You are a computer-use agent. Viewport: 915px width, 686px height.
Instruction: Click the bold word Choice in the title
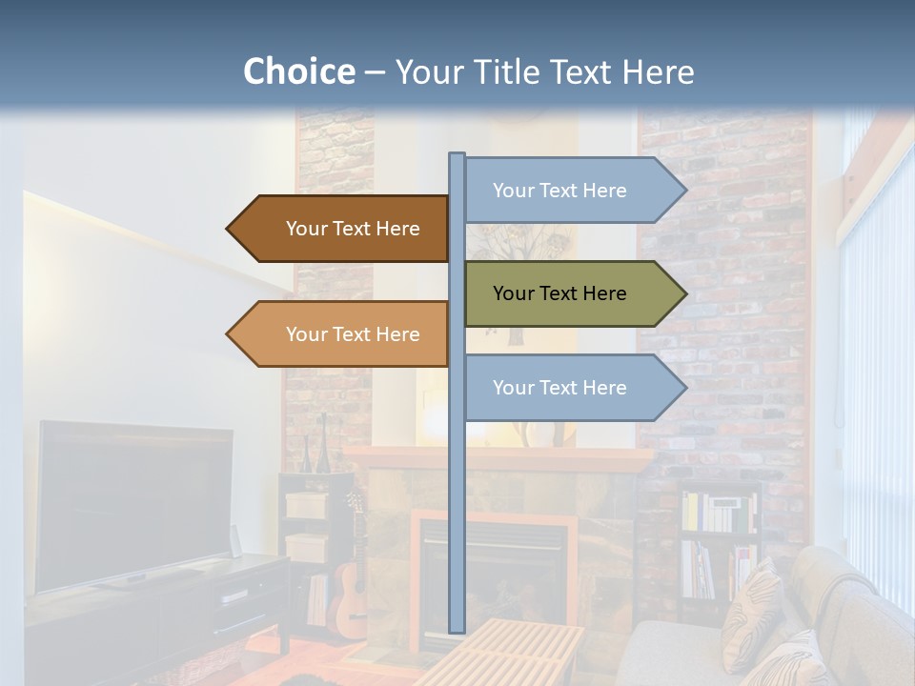coord(298,71)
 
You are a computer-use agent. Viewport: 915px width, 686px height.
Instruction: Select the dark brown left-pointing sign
coord(343,229)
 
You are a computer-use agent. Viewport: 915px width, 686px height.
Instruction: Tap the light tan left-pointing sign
coord(343,334)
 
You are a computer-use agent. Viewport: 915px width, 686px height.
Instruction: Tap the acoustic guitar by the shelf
coord(351,591)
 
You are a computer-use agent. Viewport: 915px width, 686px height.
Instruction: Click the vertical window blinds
coord(877,381)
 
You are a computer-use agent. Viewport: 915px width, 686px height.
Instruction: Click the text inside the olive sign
coord(559,293)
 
